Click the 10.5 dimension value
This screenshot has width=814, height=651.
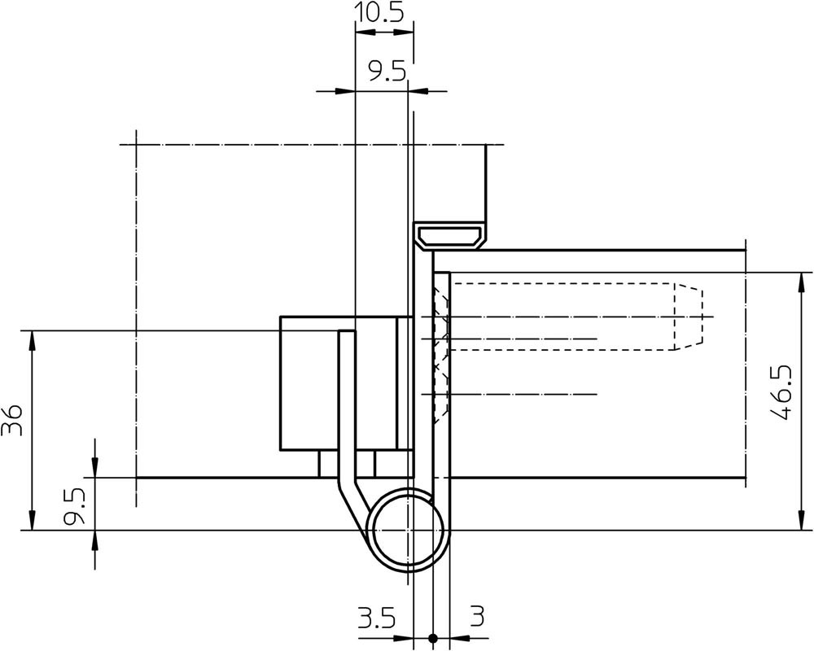[379, 12]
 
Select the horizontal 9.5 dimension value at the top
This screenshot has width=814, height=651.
[387, 72]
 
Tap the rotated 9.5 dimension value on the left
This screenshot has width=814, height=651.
[74, 506]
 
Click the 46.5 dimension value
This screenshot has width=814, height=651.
[781, 392]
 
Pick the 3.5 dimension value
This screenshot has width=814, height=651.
[377, 618]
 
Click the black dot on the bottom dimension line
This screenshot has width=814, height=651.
[432, 638]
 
